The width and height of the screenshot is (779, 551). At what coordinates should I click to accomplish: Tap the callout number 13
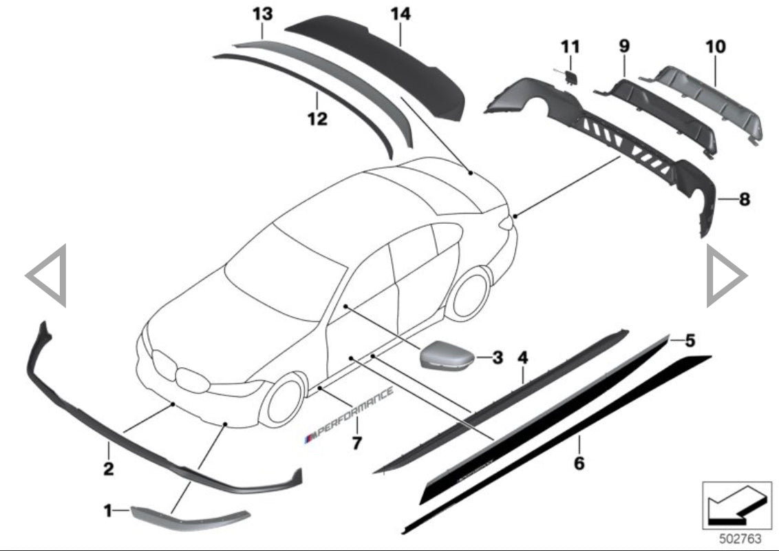[x=262, y=14]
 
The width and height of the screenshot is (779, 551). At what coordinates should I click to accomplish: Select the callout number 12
[x=317, y=118]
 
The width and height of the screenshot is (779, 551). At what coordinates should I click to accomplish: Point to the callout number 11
[x=570, y=47]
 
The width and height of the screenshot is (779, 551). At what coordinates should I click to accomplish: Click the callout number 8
[x=744, y=200]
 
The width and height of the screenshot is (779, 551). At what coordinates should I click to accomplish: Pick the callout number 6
[x=579, y=463]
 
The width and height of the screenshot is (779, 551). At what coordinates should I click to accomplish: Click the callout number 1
[x=107, y=510]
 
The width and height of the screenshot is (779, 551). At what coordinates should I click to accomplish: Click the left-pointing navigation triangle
[x=47, y=275]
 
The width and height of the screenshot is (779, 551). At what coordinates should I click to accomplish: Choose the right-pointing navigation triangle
[x=726, y=275]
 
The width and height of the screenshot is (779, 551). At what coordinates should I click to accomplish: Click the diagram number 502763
[x=736, y=537]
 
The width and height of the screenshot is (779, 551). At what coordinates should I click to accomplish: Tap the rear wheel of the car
[x=469, y=293]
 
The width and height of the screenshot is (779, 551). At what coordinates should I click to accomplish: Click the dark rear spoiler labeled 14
[x=385, y=65]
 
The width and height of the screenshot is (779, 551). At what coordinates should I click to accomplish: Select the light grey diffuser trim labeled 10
[x=709, y=103]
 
